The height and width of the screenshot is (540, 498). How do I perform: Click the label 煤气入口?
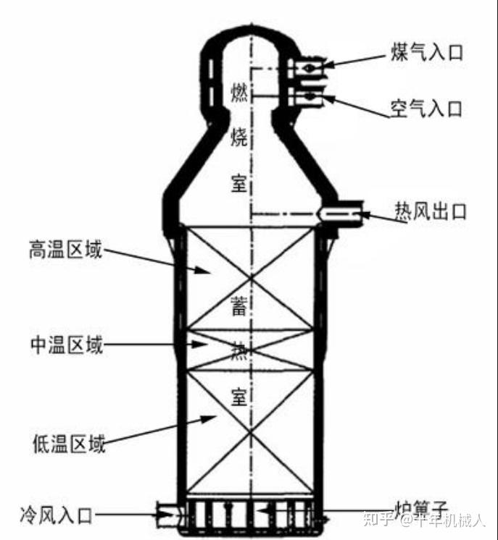(426, 53)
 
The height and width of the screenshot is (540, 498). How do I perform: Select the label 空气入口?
(426, 109)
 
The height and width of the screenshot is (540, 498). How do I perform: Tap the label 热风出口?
(431, 212)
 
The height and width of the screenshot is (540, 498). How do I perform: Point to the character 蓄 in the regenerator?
(239, 307)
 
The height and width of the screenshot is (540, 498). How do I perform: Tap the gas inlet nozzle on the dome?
(308, 67)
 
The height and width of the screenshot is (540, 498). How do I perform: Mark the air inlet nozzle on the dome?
(308, 96)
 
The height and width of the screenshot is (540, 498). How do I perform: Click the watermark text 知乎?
(381, 520)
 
